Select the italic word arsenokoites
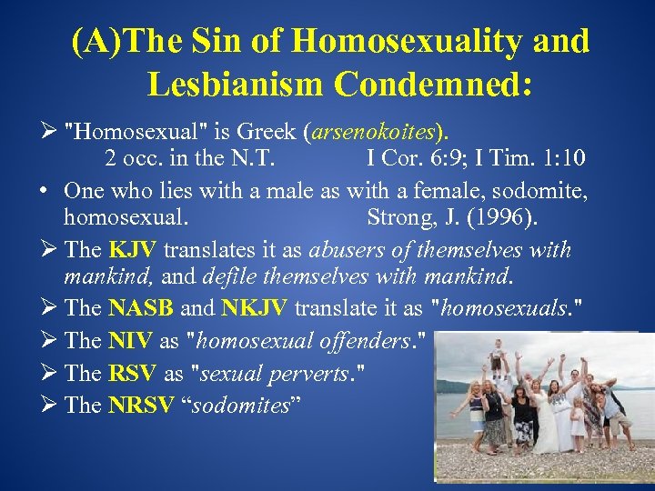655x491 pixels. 374,134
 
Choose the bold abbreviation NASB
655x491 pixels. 139,308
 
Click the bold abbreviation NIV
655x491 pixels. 130,340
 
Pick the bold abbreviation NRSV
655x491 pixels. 140,405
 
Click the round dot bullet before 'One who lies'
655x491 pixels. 44,191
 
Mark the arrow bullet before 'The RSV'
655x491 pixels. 46,373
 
